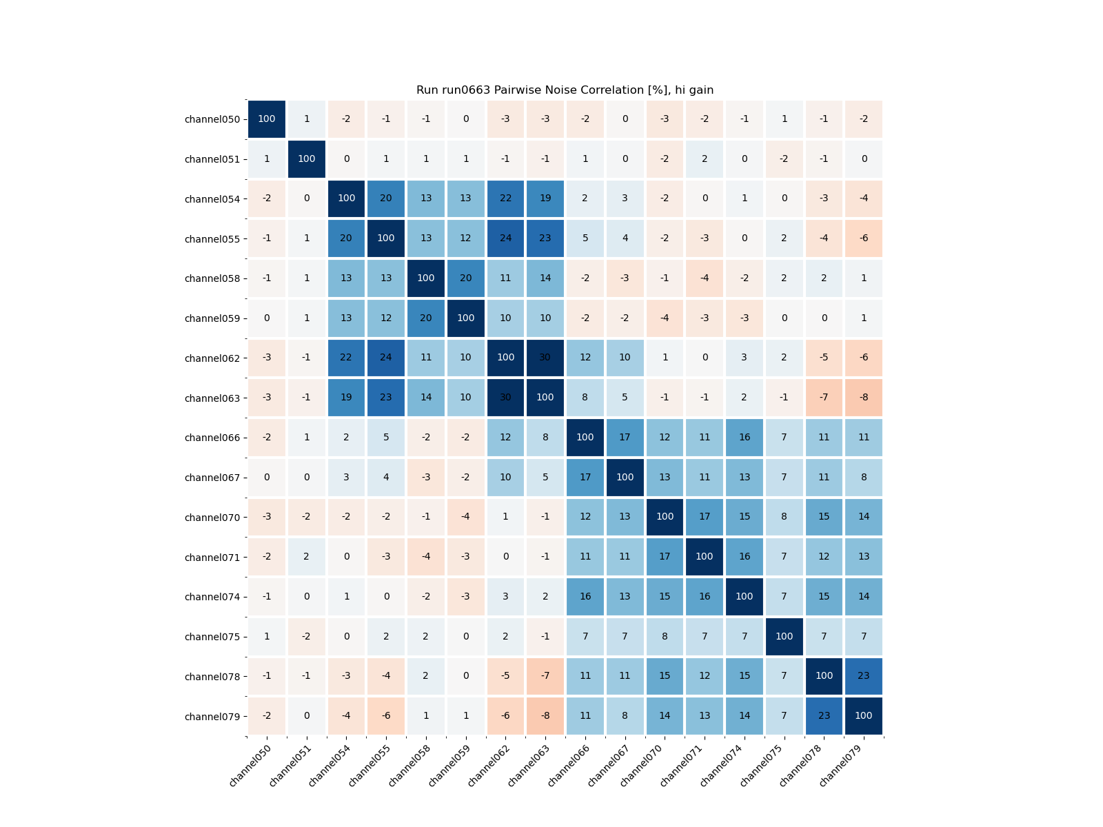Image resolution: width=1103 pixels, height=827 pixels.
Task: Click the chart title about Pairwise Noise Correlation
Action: coord(565,90)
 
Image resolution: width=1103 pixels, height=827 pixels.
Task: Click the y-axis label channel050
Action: coord(212,119)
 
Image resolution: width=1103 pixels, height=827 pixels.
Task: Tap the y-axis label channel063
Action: coord(212,398)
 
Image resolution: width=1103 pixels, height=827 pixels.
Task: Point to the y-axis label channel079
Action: coord(212,717)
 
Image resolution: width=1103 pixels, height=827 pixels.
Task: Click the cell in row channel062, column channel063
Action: coord(545,358)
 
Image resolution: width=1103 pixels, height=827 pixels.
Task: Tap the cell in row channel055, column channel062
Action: coord(505,238)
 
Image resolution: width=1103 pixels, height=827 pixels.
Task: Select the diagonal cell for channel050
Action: coord(267,119)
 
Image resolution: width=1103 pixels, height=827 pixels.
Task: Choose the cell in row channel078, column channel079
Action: coord(864,676)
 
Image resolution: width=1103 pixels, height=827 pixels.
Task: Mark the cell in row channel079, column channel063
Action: coord(545,716)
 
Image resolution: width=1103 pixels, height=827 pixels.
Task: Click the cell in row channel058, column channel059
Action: coord(466,278)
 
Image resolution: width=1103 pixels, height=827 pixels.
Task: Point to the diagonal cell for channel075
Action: coord(784,636)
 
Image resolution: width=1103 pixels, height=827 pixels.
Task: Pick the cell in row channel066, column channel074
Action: coord(745,438)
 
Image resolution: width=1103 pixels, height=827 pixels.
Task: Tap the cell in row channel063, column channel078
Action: coord(824,398)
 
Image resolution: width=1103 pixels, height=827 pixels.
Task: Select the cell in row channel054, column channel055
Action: coord(386,198)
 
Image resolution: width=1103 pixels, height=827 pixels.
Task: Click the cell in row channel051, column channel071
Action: coord(705,159)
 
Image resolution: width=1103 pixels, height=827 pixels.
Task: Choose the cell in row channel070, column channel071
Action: coord(705,517)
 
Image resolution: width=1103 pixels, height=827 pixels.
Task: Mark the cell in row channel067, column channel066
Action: coord(585,477)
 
